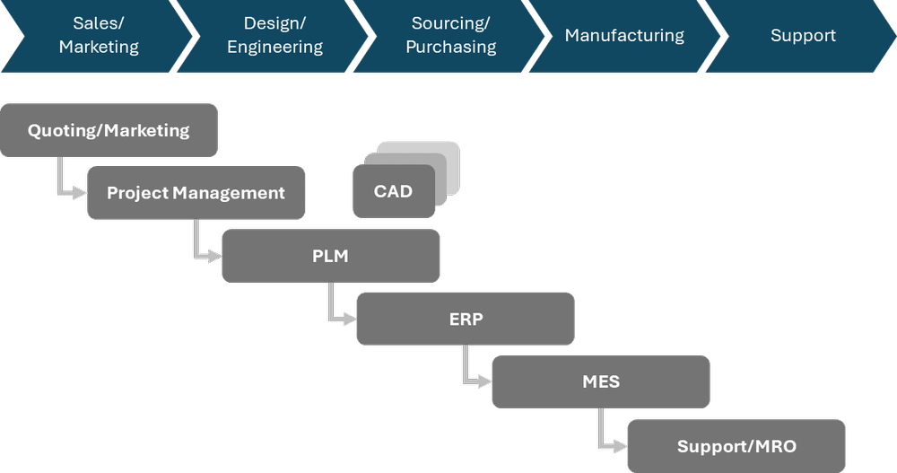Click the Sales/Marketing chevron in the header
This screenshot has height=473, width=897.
coord(99,36)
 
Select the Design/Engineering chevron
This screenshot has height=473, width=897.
coord(274,36)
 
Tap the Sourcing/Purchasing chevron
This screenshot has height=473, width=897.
coord(451,36)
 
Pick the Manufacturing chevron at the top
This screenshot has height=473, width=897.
coord(624,36)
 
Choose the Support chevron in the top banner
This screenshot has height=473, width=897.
coord(803,36)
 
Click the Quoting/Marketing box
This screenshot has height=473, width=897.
coord(109,130)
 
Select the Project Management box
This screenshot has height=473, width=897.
coord(196,193)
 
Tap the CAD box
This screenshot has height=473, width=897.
coord(393,190)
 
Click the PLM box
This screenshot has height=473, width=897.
coord(330,256)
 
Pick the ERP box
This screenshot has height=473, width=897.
coord(466,319)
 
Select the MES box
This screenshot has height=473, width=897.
coord(600,381)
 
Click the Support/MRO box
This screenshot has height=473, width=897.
coord(736,446)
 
